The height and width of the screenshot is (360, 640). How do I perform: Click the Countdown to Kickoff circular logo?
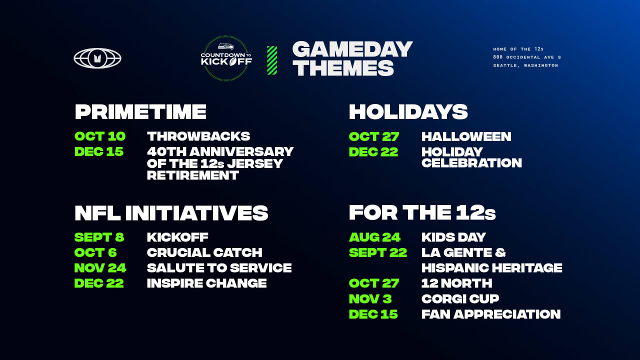click(x=226, y=58)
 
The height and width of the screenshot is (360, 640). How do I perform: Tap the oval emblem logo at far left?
click(x=97, y=58)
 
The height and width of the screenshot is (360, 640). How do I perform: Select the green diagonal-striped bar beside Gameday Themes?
click(x=272, y=60)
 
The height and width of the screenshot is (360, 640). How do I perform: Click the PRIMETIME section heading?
click(x=140, y=111)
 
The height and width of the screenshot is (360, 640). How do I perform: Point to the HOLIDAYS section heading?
click(x=408, y=111)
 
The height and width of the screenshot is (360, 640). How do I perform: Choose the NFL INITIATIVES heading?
click(x=171, y=213)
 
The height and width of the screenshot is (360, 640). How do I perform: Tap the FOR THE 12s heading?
click(x=422, y=213)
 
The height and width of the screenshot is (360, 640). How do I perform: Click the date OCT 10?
click(x=100, y=136)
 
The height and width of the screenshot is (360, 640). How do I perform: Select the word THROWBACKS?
click(x=198, y=136)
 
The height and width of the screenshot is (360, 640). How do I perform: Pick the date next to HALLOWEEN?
click(x=374, y=136)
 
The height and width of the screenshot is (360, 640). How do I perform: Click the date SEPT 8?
click(x=99, y=237)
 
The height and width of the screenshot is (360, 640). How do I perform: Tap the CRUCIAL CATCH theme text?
click(x=204, y=252)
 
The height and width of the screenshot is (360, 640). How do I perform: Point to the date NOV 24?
click(x=100, y=268)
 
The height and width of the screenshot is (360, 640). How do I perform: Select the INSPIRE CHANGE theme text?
click(x=206, y=283)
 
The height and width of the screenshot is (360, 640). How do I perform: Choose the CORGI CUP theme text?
click(x=460, y=299)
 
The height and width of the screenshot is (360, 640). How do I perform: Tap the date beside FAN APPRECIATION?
click(x=373, y=314)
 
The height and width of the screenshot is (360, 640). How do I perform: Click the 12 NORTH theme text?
click(x=456, y=283)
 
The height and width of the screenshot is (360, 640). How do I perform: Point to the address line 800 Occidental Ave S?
click(x=526, y=57)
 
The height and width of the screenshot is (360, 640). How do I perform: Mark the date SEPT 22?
click(x=378, y=252)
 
